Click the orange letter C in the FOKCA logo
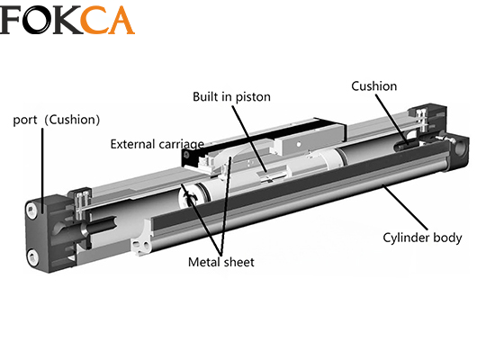pos(94,20)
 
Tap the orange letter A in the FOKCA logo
pos(121,20)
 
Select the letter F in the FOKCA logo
pos(11,20)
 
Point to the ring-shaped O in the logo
pos(37,20)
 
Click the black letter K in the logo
pos(67,20)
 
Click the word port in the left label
pos(25,121)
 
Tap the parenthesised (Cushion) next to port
pos(72,120)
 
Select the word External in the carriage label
pos(132,144)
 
